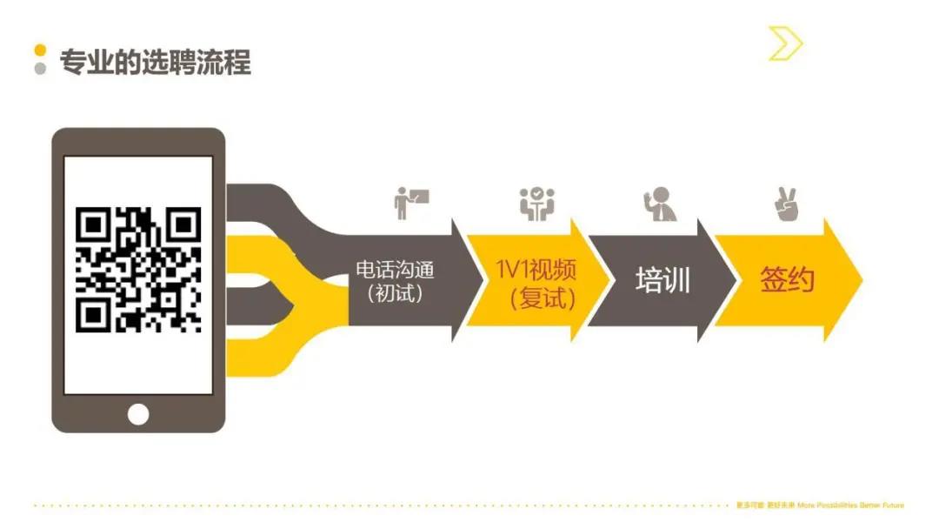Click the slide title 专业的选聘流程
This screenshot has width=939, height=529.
pos(155,63)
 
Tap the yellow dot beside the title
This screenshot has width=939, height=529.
pos(40,51)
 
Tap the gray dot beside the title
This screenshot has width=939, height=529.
pos(40,70)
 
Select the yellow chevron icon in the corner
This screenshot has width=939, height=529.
pos(785,44)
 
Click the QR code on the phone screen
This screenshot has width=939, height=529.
pos(138,269)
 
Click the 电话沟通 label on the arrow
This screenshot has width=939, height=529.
pos(395,270)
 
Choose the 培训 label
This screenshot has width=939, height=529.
pos(663,281)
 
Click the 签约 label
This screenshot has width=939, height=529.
pos(787,280)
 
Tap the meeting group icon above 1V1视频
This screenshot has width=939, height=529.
pos(537,204)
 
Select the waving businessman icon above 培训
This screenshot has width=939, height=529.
pos(661,204)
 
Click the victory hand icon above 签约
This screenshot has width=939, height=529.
pos(786,204)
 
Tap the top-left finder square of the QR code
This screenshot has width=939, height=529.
pos(93,225)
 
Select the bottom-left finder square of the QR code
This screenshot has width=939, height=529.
pos(93,313)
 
